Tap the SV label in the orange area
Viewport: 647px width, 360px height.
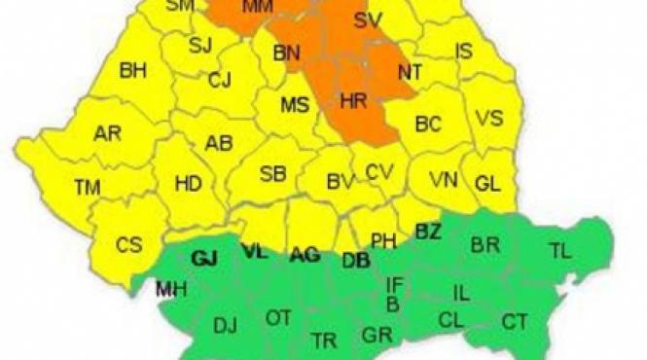368,20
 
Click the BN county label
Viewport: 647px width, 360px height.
287,53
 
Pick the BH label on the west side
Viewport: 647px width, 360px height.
132,70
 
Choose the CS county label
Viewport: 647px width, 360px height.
128,245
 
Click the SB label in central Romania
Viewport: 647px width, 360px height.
272,175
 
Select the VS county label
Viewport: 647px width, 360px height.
489,118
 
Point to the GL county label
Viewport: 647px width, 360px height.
487,182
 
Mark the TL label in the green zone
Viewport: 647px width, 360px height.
559,251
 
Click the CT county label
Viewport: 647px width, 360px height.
515,320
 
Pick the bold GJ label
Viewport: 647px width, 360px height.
204,258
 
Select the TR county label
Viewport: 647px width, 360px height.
324,339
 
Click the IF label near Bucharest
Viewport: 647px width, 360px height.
394,284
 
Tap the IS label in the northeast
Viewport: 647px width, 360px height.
464,51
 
